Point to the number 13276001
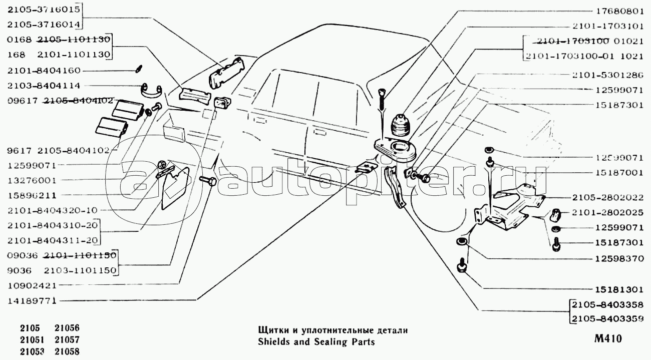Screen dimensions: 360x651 32,180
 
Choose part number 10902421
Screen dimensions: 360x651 32,285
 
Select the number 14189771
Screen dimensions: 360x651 32,301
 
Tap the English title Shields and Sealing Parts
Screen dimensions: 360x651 316,342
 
